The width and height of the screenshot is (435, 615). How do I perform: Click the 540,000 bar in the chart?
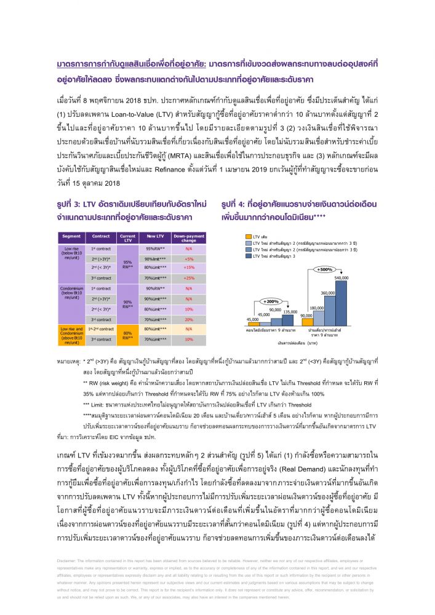[341, 302]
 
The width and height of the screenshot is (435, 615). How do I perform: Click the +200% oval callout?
[270, 301]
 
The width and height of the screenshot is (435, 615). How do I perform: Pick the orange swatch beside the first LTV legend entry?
[247, 236]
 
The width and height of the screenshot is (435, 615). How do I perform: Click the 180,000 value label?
[316, 307]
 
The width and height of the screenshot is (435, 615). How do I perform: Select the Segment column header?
[72, 236]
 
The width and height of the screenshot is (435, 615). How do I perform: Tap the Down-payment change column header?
[189, 238]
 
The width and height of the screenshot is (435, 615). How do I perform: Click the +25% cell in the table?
[189, 278]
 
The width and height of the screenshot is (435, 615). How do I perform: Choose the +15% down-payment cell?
[189, 268]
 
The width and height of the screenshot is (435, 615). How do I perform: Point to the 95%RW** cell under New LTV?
[155, 248]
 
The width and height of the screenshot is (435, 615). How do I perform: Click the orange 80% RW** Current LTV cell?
[128, 335]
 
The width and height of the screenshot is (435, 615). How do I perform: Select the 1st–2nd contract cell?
[101, 329]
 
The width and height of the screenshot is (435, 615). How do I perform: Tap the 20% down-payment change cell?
[189, 319]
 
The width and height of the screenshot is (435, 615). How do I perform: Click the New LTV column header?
[155, 236]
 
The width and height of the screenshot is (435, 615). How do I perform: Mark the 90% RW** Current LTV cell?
[128, 303]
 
